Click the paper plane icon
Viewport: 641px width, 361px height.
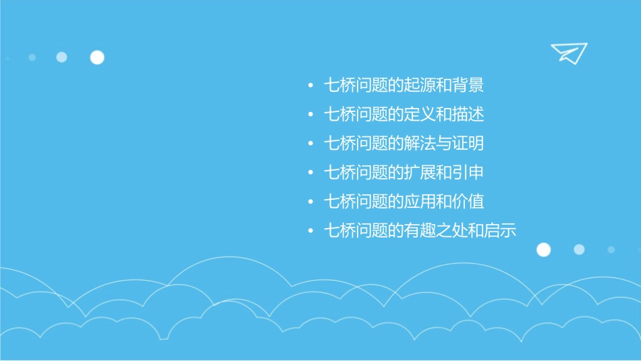[x=568, y=53]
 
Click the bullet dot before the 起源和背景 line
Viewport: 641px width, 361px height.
[x=310, y=86]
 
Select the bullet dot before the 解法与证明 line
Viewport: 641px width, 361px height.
[x=310, y=144]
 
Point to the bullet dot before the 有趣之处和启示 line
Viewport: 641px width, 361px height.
[x=310, y=231]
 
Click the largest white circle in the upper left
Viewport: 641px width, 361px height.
[x=97, y=57]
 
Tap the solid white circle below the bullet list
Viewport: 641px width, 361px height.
[x=543, y=250]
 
